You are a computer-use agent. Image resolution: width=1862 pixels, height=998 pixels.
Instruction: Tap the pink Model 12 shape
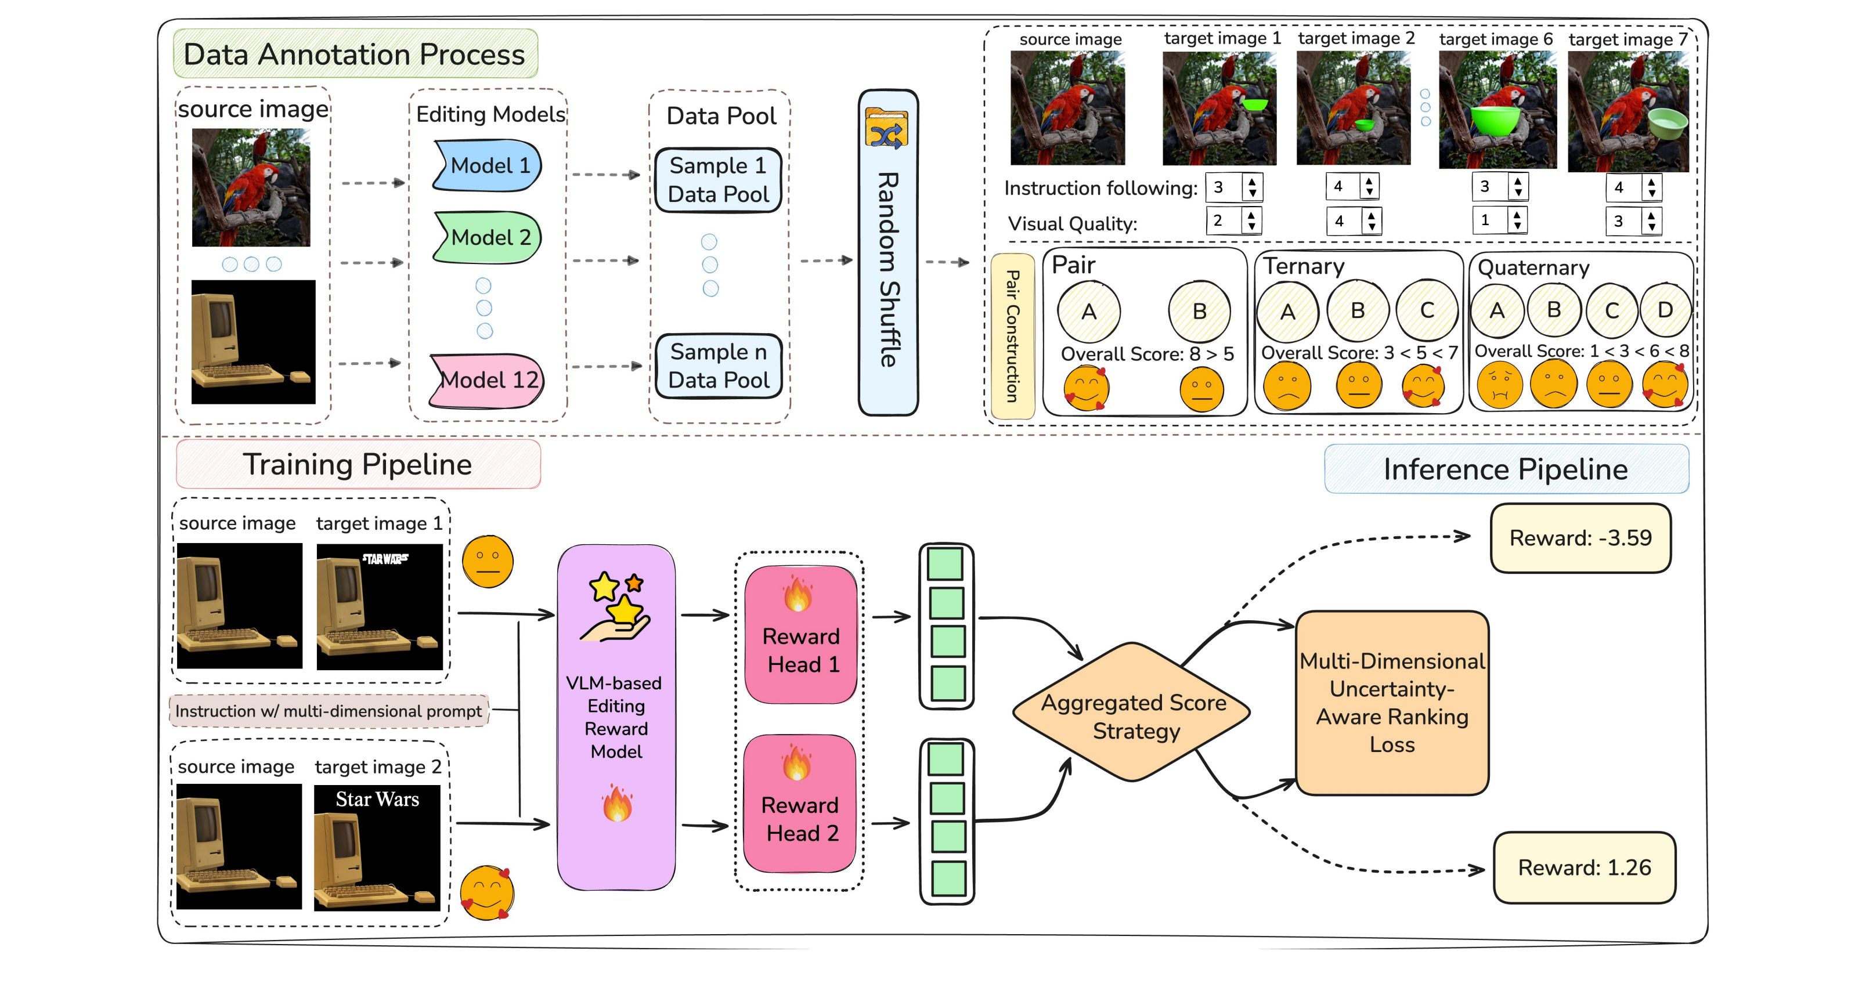(x=488, y=379)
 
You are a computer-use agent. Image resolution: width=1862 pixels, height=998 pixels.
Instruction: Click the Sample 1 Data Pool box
(x=718, y=180)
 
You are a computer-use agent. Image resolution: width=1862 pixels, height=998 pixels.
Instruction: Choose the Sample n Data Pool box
(x=718, y=366)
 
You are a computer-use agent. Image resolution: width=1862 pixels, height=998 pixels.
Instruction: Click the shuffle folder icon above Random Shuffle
(x=886, y=129)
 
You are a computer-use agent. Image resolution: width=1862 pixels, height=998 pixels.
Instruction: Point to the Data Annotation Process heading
(x=355, y=54)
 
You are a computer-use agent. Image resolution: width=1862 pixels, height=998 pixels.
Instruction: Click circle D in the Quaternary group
(x=1665, y=310)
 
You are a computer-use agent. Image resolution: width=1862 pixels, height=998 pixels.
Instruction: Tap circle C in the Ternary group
(x=1426, y=311)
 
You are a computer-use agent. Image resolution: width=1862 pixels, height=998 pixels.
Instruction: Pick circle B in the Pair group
(x=1199, y=312)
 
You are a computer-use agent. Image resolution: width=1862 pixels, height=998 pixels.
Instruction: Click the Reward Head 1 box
(x=801, y=635)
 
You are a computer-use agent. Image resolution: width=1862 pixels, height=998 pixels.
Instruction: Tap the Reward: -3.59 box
(x=1580, y=538)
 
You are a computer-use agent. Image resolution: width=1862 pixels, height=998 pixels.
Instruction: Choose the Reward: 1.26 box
(x=1584, y=867)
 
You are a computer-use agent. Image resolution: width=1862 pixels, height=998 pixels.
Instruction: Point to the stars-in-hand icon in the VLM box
(x=616, y=606)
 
